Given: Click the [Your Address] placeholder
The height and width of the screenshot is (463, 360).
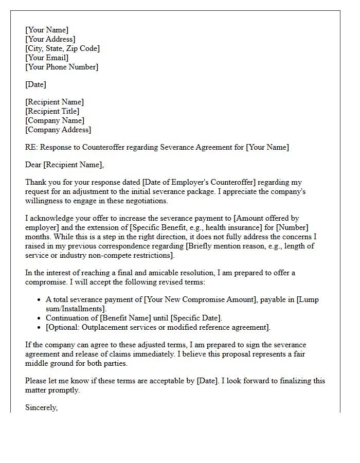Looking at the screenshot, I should point(50,39).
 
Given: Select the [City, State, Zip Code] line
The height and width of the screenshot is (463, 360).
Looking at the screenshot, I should point(62,48).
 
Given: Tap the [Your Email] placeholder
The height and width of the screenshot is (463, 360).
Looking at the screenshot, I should point(46,58).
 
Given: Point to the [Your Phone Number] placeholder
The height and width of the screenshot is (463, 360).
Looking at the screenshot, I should point(61,67).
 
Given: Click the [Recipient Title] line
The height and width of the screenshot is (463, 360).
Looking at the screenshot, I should point(52,111).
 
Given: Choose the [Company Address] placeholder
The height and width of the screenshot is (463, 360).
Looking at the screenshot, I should point(58,130).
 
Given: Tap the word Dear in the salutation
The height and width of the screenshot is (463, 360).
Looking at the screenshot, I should point(33,165).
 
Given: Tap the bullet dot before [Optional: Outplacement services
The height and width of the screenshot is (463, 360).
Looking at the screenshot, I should point(40,328).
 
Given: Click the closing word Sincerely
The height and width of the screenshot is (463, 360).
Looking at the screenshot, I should point(41,407).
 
